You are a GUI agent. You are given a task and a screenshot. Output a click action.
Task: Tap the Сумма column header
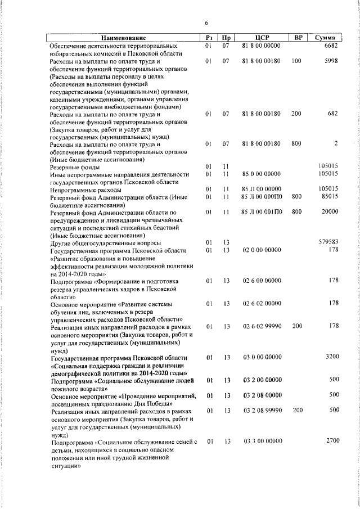(326, 37)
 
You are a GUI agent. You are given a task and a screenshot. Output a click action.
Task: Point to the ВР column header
(299, 37)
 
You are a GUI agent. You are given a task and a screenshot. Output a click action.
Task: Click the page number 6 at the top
(206, 22)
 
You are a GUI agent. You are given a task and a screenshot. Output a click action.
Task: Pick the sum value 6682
(331, 45)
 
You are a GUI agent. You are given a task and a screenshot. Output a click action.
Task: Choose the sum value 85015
(329, 197)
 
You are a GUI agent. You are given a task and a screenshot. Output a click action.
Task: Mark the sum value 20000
(329, 212)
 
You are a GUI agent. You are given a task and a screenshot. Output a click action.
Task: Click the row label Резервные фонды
(75, 167)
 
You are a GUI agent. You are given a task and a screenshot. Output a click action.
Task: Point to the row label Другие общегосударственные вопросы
(105, 242)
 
